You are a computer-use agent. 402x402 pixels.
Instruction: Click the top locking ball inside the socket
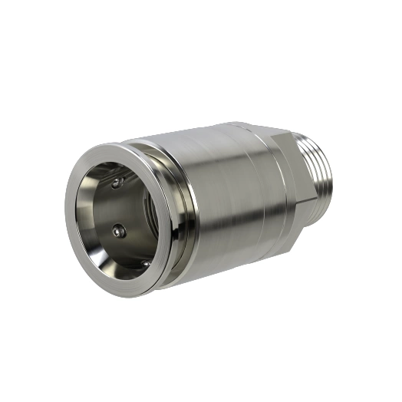pos(117,183)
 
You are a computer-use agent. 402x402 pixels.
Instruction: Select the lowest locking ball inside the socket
pos(147,263)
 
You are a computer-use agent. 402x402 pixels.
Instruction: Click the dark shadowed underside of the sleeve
pos(230,265)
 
